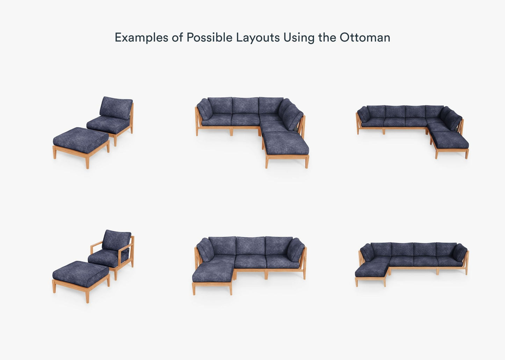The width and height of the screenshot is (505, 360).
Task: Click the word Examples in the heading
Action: click(x=141, y=38)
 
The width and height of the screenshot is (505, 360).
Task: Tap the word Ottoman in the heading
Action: click(x=365, y=37)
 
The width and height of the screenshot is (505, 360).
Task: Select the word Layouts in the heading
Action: click(x=258, y=38)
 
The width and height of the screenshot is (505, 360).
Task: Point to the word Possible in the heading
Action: click(x=209, y=37)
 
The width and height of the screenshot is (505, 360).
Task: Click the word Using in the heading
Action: click(x=299, y=38)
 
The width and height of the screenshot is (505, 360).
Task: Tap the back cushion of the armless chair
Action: click(x=116, y=108)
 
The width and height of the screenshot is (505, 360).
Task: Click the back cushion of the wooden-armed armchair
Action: click(x=116, y=241)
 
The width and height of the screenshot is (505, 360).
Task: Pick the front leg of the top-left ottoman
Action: click(x=87, y=163)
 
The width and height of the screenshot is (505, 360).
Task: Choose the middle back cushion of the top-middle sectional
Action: click(x=245, y=105)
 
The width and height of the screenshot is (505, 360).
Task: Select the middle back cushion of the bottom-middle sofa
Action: click(x=251, y=245)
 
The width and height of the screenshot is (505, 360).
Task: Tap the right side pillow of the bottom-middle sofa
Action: click(x=295, y=250)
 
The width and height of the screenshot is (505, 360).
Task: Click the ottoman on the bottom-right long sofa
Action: click(x=372, y=274)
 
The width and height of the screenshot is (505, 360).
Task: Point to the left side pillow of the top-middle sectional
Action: click(x=205, y=109)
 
